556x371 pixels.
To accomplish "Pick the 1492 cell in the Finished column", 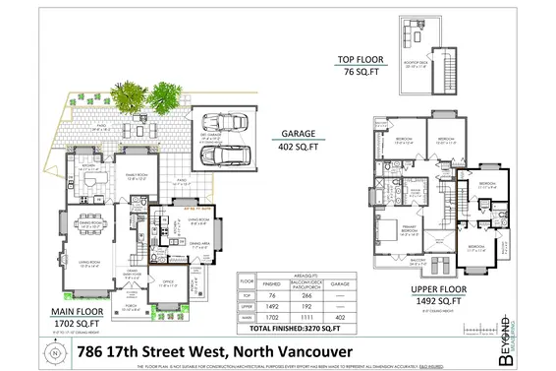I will [x=275, y=305].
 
